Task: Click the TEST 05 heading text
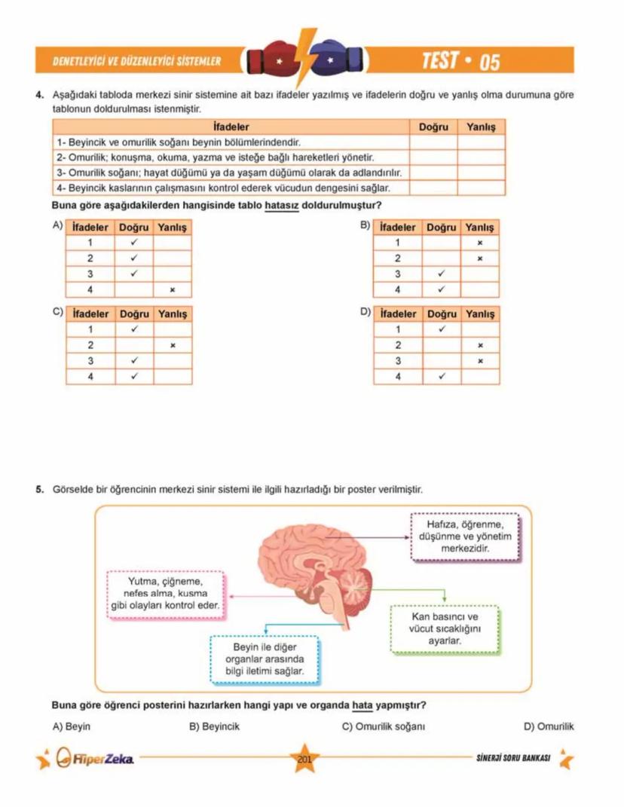(x=460, y=61)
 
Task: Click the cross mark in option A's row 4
(x=173, y=289)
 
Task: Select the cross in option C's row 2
(x=173, y=345)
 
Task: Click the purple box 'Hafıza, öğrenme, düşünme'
(x=464, y=536)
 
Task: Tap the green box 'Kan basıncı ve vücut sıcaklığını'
(x=444, y=628)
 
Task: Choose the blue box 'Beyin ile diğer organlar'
(x=265, y=659)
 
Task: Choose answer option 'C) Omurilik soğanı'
(x=384, y=727)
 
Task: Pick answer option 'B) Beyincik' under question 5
(x=214, y=727)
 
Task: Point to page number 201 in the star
(x=304, y=759)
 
